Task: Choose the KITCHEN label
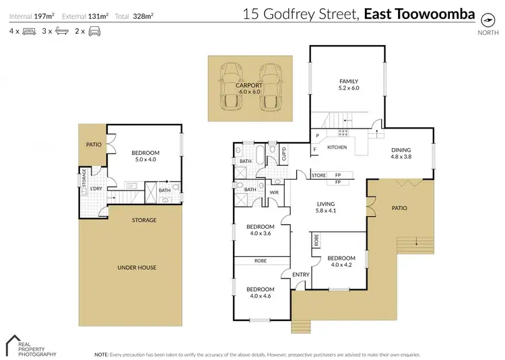tap(337, 147)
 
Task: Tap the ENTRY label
tap(300, 274)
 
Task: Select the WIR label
tap(274, 193)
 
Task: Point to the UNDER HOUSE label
tap(137, 268)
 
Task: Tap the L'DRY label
tap(96, 188)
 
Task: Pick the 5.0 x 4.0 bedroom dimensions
tap(145, 159)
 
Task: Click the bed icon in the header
tap(29, 31)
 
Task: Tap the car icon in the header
tap(94, 31)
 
